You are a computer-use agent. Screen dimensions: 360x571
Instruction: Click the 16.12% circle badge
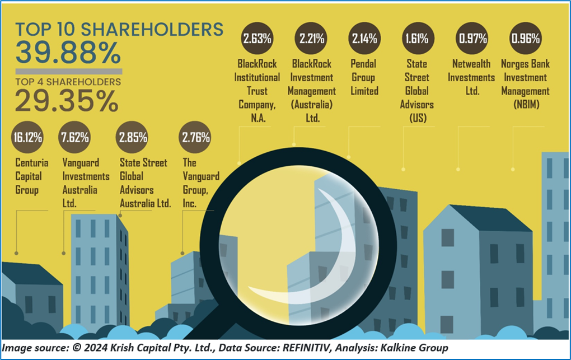[x=29, y=138]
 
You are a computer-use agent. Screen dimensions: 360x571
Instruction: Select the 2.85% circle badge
[x=133, y=138]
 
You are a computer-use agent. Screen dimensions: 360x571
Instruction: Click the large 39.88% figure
[x=68, y=53]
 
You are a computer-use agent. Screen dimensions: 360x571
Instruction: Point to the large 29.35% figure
[x=67, y=101]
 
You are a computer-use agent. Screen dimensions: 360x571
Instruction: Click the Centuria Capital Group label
[x=32, y=177]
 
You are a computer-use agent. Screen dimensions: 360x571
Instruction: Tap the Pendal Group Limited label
[x=364, y=77]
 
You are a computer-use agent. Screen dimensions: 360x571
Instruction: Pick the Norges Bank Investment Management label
[x=525, y=84]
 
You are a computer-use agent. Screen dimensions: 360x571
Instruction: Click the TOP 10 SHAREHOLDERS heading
[x=119, y=29]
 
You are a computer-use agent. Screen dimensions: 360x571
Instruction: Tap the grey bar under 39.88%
[x=68, y=72]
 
